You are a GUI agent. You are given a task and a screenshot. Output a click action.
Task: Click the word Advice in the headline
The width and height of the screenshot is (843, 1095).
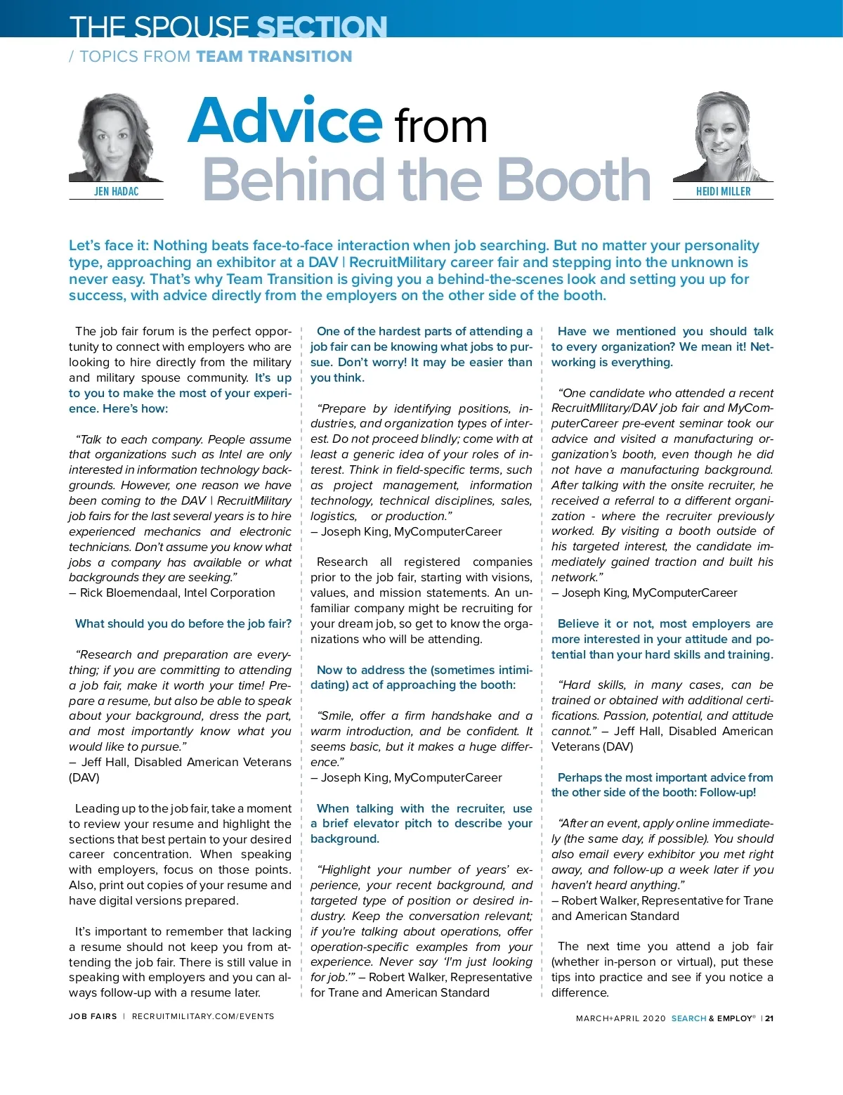click(x=285, y=121)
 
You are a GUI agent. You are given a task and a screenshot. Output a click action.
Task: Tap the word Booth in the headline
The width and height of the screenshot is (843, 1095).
click(x=574, y=180)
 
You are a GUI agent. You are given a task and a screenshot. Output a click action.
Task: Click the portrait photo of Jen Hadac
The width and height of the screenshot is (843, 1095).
click(x=115, y=138)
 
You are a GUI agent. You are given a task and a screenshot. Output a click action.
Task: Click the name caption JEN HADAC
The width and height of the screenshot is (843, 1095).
click(x=116, y=191)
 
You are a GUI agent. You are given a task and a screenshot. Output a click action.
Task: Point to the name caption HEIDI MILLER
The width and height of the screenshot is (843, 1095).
click(x=723, y=191)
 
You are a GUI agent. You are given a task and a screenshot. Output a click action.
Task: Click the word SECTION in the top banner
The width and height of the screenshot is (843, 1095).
click(x=322, y=27)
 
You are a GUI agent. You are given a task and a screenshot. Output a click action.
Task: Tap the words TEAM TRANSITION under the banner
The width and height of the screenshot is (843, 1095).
click(x=274, y=57)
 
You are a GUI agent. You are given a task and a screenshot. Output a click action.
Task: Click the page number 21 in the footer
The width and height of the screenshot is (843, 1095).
click(x=769, y=1018)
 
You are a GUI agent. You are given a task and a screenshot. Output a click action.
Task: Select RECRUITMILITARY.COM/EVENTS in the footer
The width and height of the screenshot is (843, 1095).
click(x=203, y=1016)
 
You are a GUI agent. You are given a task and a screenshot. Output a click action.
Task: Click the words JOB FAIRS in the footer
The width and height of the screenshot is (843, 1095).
click(x=93, y=1016)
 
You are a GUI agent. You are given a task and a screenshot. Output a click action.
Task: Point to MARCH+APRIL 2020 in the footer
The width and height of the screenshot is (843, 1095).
click(x=620, y=1018)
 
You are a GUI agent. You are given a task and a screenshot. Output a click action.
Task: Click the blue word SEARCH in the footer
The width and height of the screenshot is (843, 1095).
click(x=688, y=1018)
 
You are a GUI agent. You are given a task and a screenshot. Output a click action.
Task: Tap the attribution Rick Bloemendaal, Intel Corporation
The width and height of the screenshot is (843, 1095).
click(x=177, y=592)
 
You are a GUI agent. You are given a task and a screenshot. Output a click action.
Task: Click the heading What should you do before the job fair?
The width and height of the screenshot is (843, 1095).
click(x=183, y=623)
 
